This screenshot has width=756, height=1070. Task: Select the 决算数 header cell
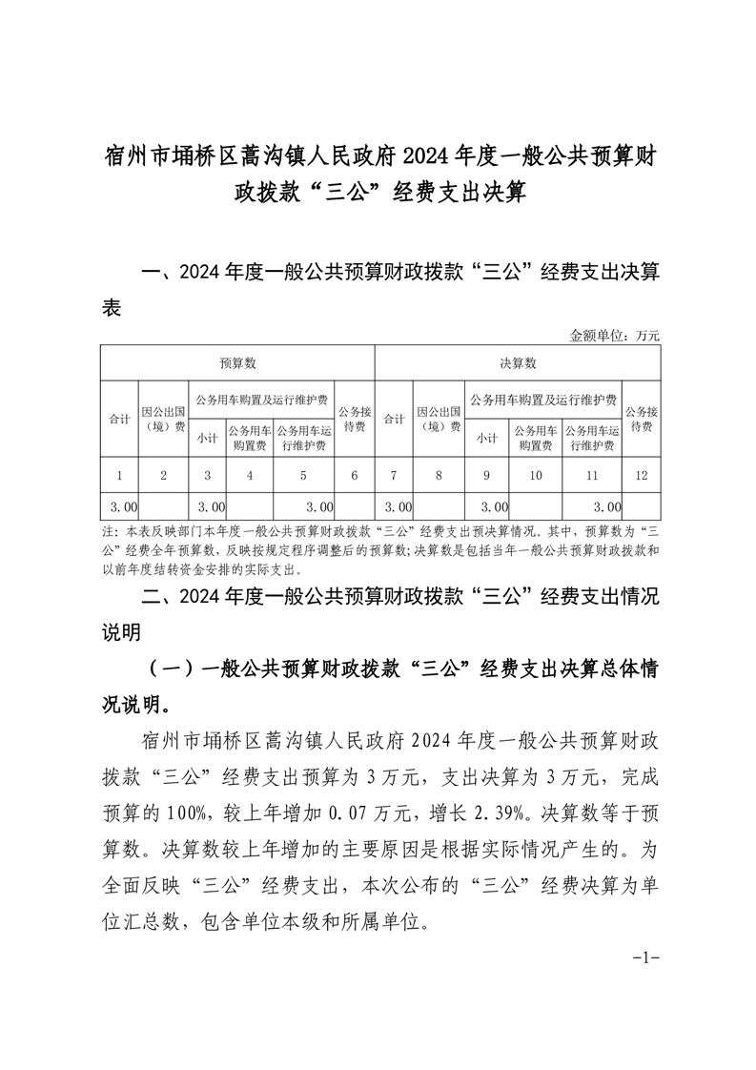518,363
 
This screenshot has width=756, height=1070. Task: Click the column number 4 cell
249,474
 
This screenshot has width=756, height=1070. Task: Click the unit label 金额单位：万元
614,336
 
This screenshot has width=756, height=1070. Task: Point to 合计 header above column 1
119,420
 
